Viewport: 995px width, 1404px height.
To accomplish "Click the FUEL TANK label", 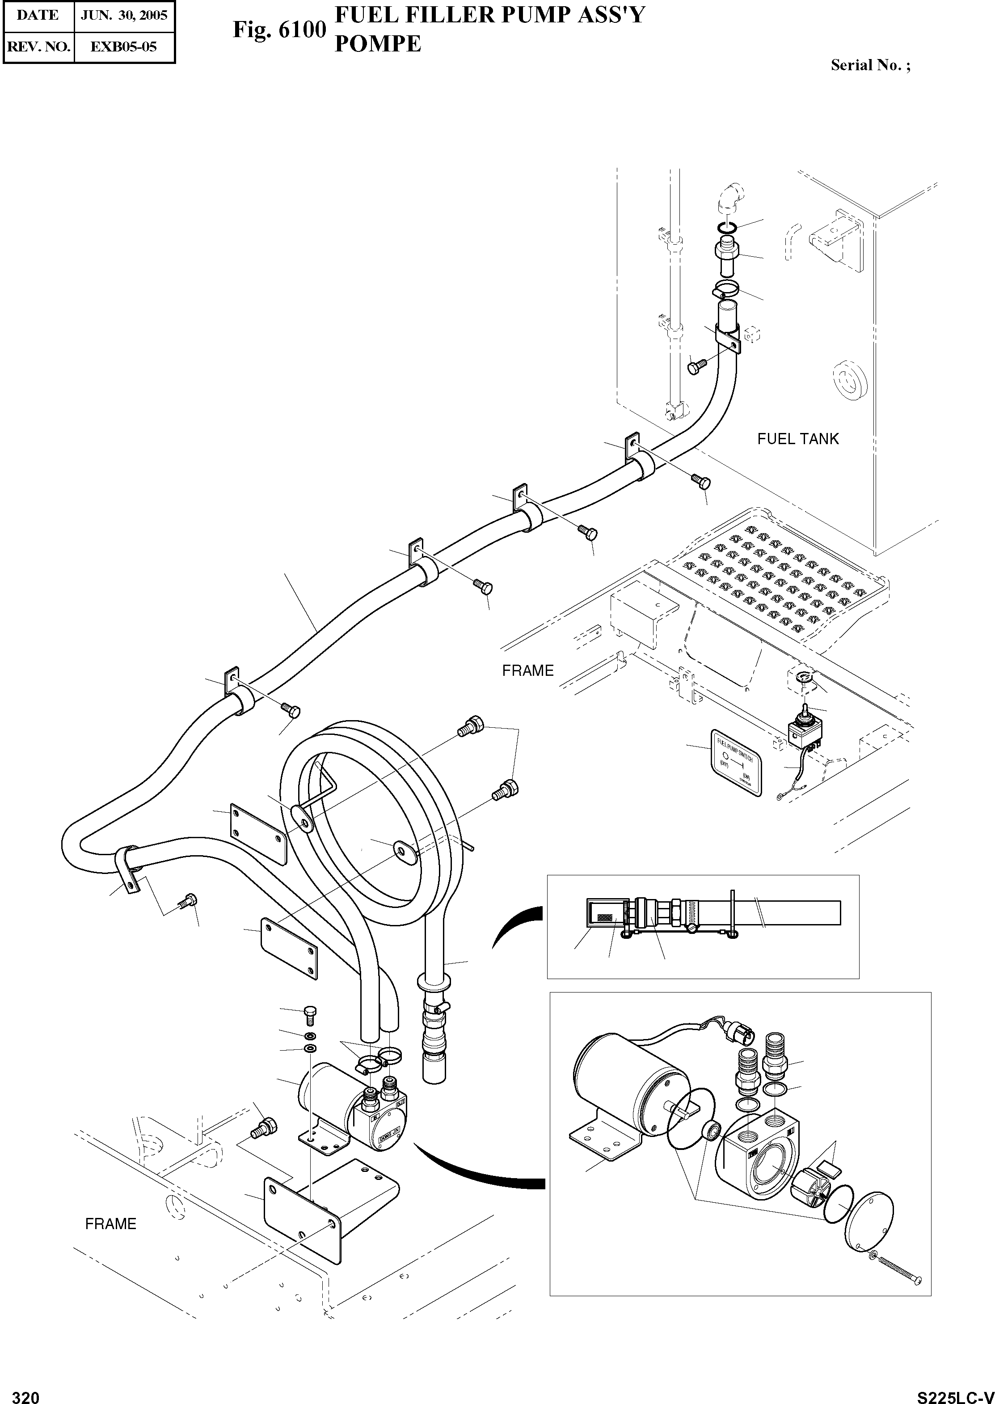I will [x=798, y=438].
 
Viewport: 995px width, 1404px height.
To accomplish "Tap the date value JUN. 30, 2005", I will [x=124, y=15].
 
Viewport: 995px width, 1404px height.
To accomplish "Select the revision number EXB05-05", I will [x=124, y=47].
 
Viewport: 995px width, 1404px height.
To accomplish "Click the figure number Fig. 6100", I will [x=279, y=30].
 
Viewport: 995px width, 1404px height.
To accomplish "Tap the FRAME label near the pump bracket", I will [x=110, y=1224].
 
